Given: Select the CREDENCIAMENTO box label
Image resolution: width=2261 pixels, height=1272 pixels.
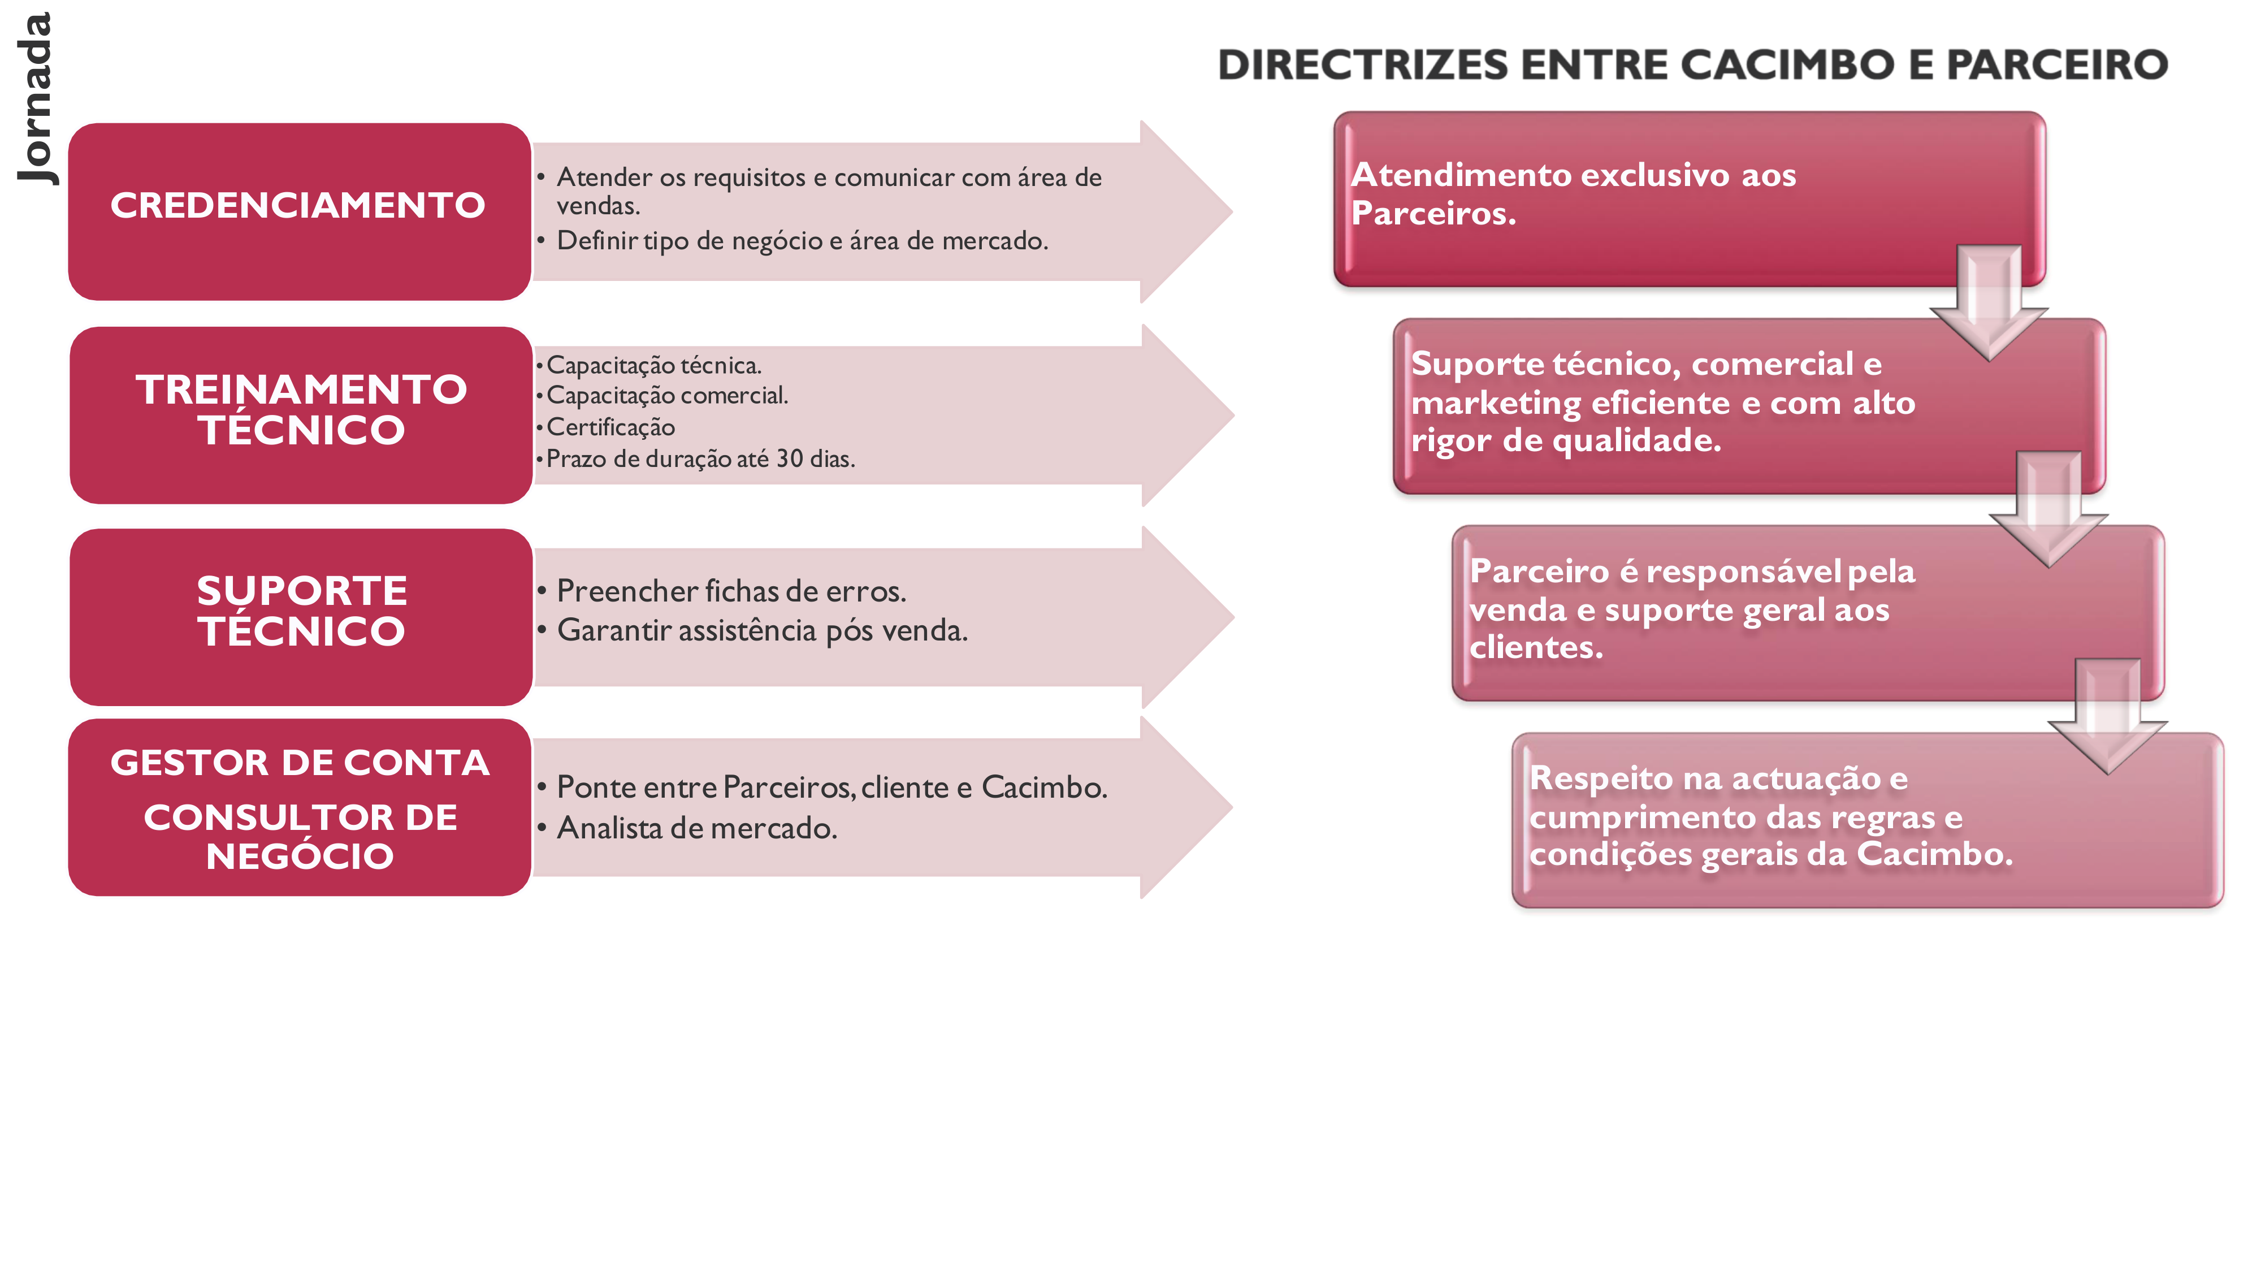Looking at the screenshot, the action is [297, 205].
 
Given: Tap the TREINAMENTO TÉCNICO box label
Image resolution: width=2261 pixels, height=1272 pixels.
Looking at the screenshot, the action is [301, 409].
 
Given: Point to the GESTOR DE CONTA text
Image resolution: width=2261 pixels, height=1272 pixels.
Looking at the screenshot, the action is [300, 762].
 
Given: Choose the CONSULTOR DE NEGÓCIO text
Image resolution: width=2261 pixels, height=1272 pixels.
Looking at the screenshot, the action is [300, 837].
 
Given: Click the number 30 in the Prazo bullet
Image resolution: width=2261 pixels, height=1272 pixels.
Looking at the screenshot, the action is [790, 458].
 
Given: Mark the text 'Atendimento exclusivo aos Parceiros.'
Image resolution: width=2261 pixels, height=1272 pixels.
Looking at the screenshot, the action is [1573, 193].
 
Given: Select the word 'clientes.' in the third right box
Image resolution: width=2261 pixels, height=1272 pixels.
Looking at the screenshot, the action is [1536, 647].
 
